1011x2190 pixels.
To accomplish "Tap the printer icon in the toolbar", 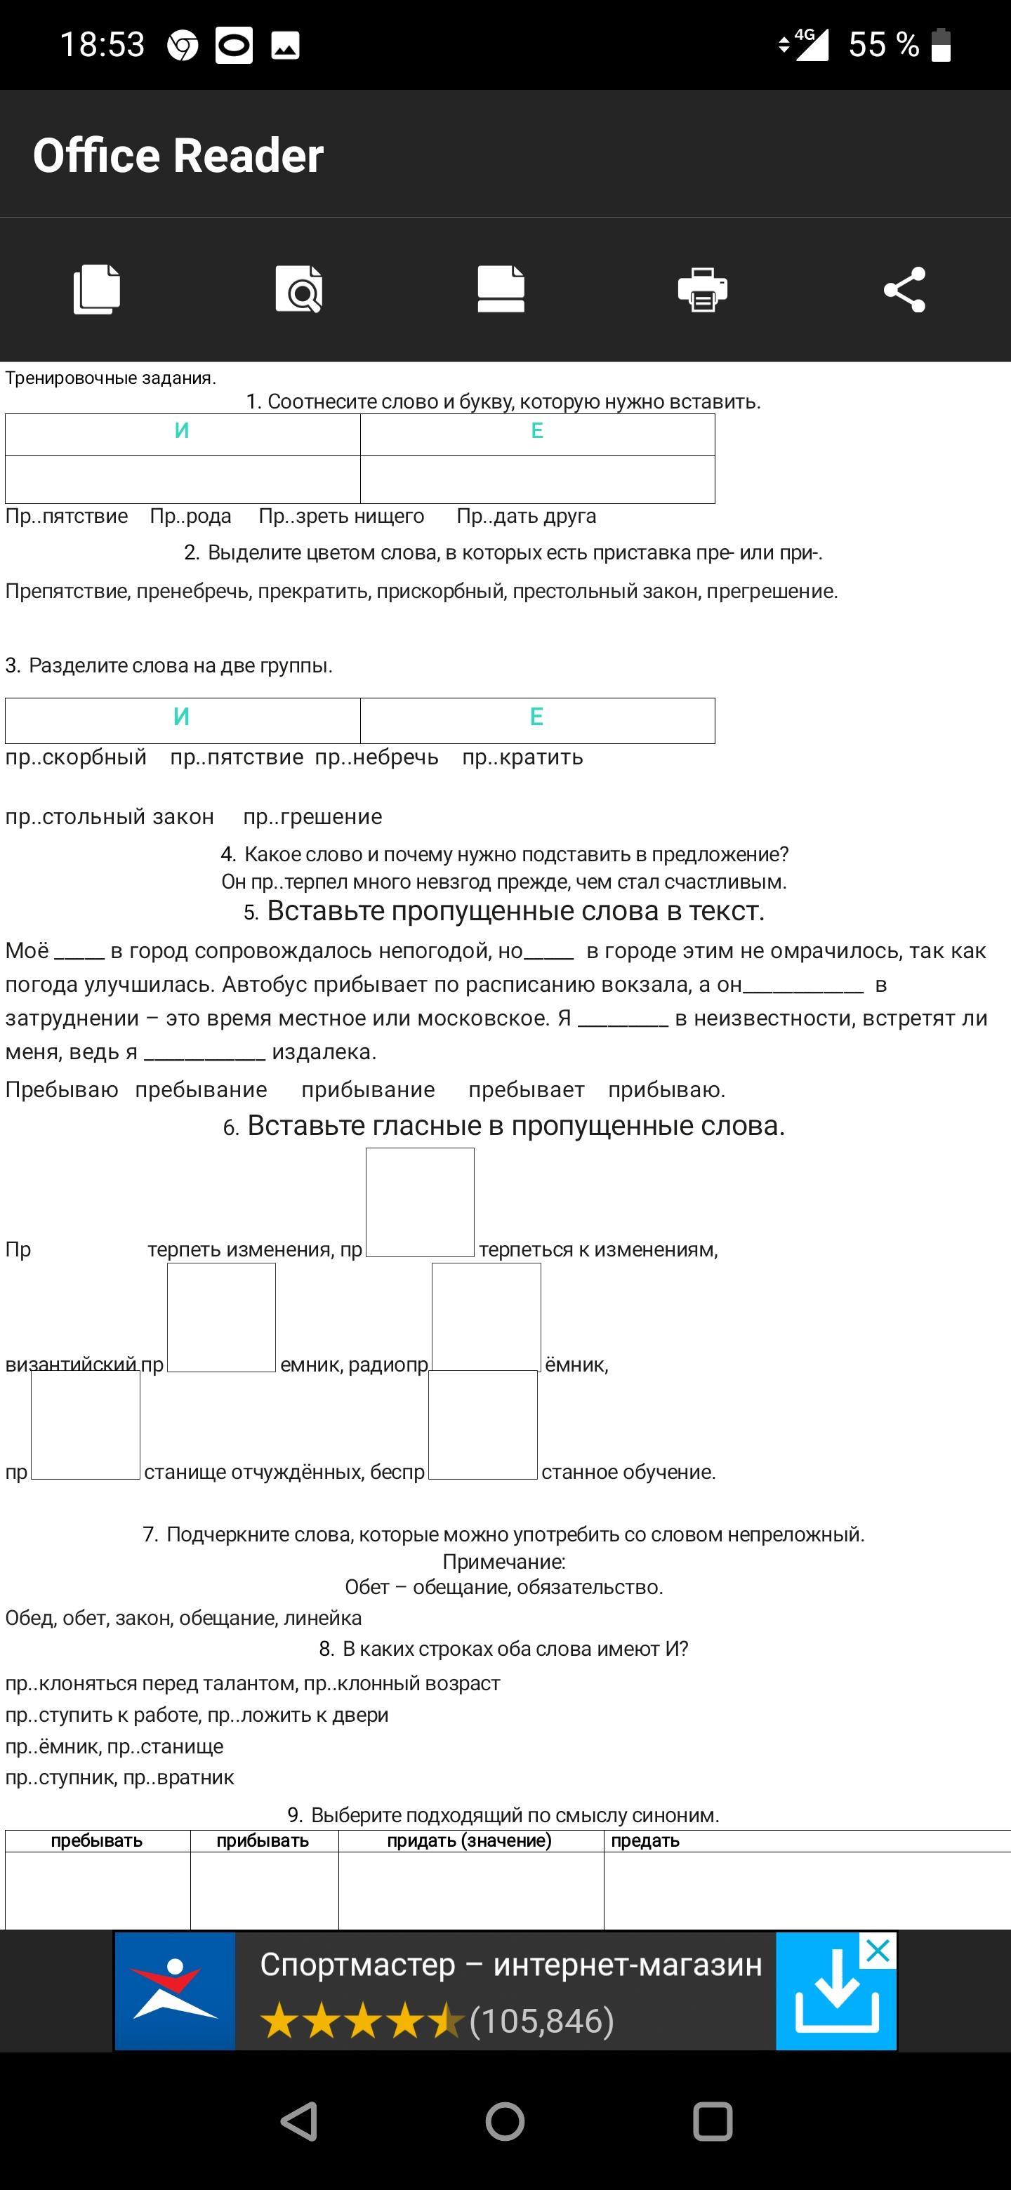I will point(702,290).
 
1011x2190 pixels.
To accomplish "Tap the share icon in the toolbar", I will point(904,290).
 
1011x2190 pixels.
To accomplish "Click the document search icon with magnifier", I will point(298,290).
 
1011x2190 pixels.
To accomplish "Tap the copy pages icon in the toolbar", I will point(97,290).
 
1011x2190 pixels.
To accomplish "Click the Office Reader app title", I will point(178,156).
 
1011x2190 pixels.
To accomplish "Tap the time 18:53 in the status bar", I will point(102,45).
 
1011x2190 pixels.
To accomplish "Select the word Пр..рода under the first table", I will point(190,516).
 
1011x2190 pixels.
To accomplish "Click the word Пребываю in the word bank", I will point(61,1090).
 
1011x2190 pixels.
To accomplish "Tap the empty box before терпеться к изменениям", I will point(420,1202).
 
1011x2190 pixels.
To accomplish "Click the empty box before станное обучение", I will point(483,1425).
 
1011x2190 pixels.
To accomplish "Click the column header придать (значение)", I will point(470,1840).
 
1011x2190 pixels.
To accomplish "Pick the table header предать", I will point(645,1840).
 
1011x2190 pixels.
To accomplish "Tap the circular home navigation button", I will point(505,2121).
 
